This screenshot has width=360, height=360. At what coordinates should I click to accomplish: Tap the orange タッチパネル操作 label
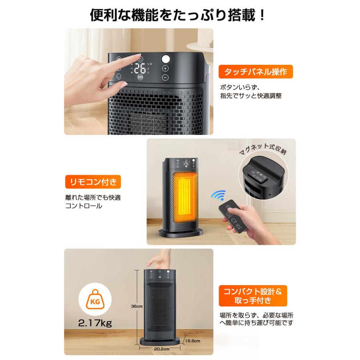[x=256, y=72]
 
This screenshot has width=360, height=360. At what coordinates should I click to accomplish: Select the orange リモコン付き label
[x=92, y=182]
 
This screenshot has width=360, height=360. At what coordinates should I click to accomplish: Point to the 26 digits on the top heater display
[x=140, y=68]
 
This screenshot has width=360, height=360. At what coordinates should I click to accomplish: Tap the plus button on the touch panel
[x=165, y=68]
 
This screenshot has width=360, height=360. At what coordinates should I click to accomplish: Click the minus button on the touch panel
[x=165, y=78]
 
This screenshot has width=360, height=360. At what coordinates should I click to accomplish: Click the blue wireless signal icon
[x=218, y=196]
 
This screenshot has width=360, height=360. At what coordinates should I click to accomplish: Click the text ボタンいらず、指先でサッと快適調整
[x=251, y=91]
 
